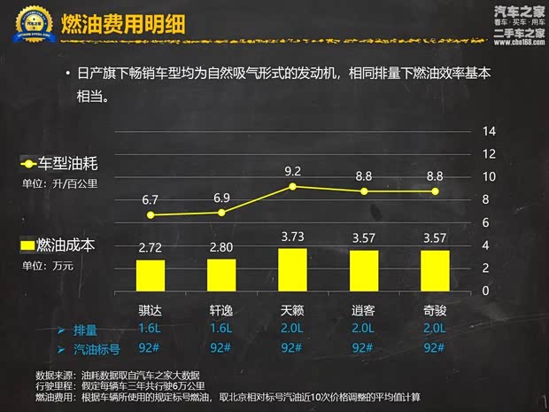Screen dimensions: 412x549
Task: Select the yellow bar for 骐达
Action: [151, 275]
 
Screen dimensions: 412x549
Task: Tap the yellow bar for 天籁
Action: [292, 269]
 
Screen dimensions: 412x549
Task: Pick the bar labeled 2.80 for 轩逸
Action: [221, 275]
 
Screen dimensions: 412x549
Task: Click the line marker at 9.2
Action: [292, 186]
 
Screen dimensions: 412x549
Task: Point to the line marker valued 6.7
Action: [151, 215]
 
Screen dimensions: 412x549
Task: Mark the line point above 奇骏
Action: [434, 191]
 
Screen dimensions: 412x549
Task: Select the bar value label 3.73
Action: [292, 237]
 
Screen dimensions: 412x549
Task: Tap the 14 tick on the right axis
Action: [488, 131]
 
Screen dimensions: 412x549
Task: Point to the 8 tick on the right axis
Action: [488, 199]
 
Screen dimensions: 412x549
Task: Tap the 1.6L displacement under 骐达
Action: [151, 329]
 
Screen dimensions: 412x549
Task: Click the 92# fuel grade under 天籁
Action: [292, 347]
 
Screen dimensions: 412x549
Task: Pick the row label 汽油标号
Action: [96, 348]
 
